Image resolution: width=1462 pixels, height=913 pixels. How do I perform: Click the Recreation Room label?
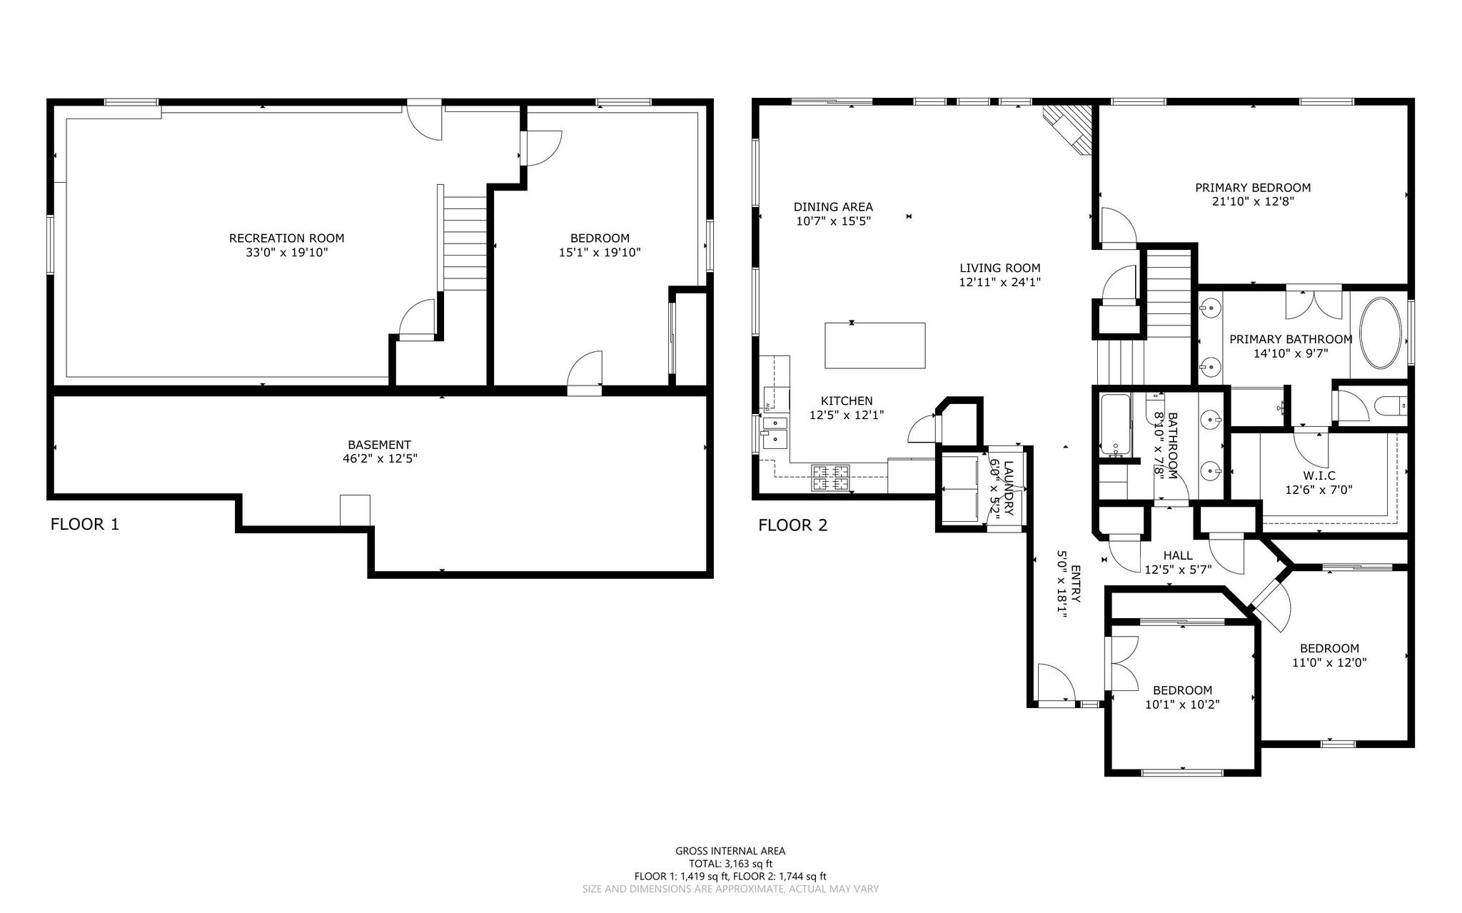tap(286, 238)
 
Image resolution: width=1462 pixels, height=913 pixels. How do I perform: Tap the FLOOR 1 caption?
tap(85, 525)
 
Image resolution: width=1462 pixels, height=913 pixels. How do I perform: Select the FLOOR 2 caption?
tap(793, 526)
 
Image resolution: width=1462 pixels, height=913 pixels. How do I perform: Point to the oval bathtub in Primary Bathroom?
tap(1383, 333)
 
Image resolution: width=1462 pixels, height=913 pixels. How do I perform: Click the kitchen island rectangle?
tap(875, 345)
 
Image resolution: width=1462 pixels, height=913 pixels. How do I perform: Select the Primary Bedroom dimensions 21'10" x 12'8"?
tap(1253, 201)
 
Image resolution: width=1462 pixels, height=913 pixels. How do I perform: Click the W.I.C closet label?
tap(1319, 475)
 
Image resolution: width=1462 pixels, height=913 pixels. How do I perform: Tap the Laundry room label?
tap(1008, 489)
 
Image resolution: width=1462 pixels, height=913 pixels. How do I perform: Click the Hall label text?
tap(1178, 555)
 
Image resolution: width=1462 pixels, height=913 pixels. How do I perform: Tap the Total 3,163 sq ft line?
tap(730, 864)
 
